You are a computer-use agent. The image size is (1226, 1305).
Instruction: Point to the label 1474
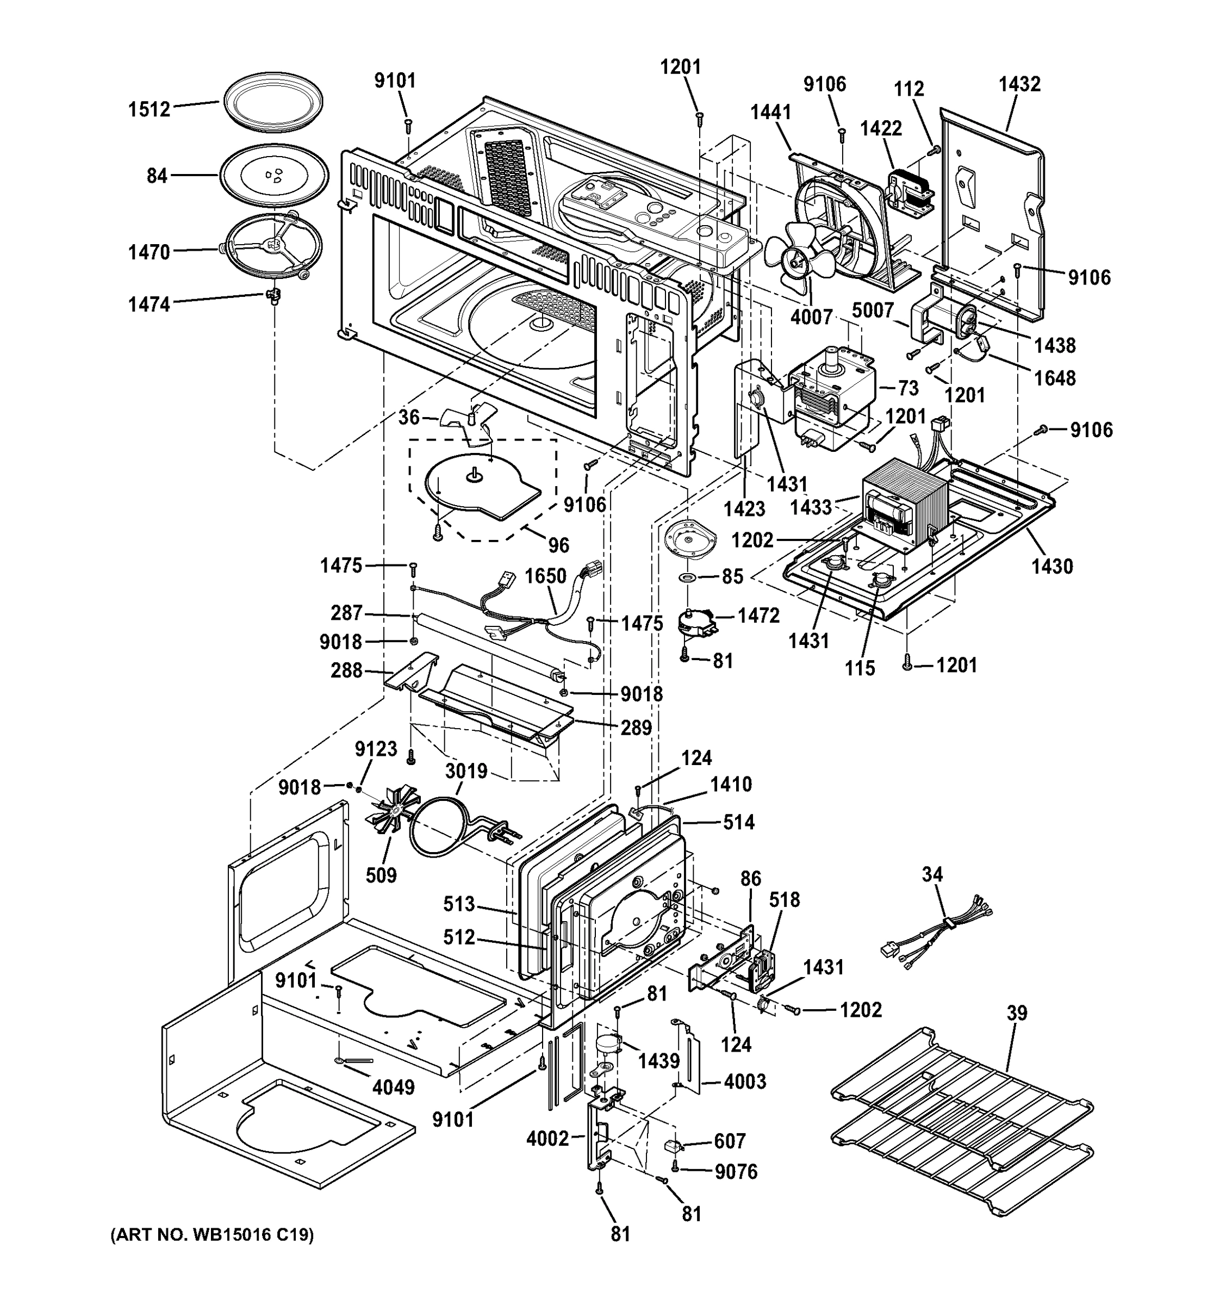tap(149, 304)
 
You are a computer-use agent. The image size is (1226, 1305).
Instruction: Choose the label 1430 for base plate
tap(1051, 566)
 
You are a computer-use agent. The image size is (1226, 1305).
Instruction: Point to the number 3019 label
tap(466, 770)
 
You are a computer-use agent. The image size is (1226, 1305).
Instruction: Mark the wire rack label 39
tap(1017, 1013)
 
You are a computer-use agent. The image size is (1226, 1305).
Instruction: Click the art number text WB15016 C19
tap(211, 1235)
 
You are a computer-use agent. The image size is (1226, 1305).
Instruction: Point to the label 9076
tap(736, 1172)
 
